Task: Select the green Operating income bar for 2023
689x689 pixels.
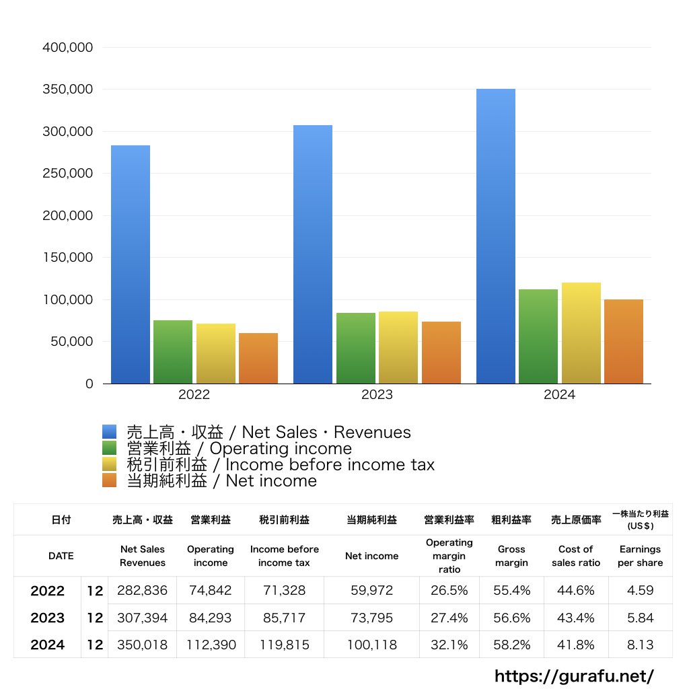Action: (x=356, y=348)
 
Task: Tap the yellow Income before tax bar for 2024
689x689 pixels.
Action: (x=581, y=333)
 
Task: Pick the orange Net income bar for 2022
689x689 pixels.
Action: (x=258, y=358)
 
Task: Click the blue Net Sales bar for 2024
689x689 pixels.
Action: (x=496, y=236)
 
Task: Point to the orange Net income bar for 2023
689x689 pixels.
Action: (x=441, y=353)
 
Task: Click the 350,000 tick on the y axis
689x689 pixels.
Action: (x=67, y=89)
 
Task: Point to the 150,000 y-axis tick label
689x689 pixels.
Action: (x=67, y=258)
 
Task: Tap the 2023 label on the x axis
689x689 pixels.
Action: (x=377, y=395)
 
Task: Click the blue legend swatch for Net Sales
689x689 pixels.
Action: (x=110, y=432)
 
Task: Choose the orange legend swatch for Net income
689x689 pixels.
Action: (x=110, y=480)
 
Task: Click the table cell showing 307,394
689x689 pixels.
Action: (x=142, y=618)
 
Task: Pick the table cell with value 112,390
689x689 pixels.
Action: (x=211, y=645)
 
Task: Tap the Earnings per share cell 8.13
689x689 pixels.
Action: (x=640, y=645)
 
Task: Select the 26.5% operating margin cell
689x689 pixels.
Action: (x=449, y=591)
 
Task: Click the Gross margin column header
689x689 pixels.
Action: (x=512, y=556)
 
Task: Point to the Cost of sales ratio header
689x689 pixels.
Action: (x=576, y=556)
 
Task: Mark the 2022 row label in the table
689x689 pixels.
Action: (x=48, y=591)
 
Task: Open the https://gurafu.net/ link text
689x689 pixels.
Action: (x=574, y=676)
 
